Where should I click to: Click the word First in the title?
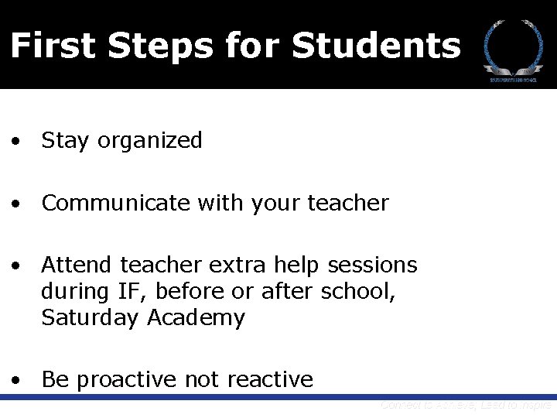pyautogui.click(x=53, y=46)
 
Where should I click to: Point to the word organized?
pyautogui.click(x=149, y=141)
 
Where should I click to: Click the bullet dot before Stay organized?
pyautogui.click(x=15, y=142)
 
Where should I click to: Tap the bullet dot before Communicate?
pyautogui.click(x=15, y=204)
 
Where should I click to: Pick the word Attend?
pyautogui.click(x=77, y=265)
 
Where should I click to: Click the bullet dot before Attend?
pyautogui.click(x=15, y=266)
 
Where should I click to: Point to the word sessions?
pyautogui.click(x=373, y=265)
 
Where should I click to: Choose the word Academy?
pyautogui.click(x=195, y=317)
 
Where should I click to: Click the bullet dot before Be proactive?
pyautogui.click(x=15, y=380)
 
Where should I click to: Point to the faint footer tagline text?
pyautogui.click(x=466, y=405)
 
